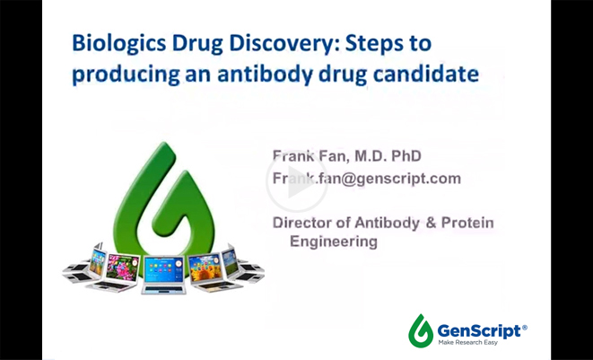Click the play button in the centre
(x=296, y=182)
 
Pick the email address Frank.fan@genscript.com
(x=366, y=179)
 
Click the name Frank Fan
(x=310, y=156)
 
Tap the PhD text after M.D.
(x=406, y=156)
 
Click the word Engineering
(x=334, y=241)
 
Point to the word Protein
(x=467, y=223)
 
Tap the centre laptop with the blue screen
(x=164, y=275)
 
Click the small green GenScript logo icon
(x=421, y=330)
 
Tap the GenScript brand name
(x=479, y=331)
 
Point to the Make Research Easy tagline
(x=468, y=343)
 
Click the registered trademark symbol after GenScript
(x=524, y=328)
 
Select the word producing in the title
(x=126, y=75)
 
